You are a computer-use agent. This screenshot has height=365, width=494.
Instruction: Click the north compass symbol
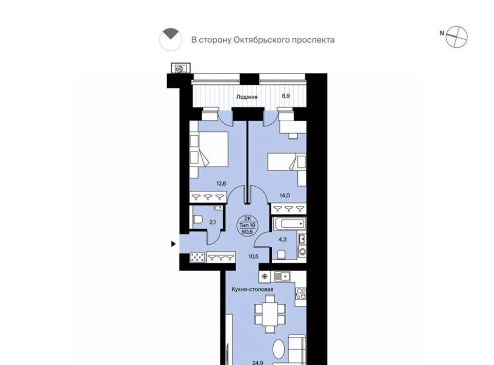456,37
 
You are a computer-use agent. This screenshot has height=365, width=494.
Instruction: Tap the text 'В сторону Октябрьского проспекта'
263,40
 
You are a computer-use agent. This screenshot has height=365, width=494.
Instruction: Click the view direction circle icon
170,40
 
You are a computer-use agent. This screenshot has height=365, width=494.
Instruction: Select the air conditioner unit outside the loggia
181,68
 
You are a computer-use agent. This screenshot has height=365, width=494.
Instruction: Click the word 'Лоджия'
247,97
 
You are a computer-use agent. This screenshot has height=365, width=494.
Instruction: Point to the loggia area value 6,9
286,96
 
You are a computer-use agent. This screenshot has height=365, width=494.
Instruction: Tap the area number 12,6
221,183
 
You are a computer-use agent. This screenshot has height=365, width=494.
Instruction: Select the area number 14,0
285,195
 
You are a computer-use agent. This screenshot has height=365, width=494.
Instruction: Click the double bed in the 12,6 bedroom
209,149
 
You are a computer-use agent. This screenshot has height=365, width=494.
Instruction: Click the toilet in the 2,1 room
198,220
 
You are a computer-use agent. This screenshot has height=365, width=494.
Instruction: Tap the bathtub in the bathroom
289,224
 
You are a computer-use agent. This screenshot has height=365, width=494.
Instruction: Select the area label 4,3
283,240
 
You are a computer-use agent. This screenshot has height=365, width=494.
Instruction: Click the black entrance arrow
173,244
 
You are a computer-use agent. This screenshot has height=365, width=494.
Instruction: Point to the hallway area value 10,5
253,257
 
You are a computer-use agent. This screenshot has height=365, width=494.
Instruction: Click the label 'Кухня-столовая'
252,289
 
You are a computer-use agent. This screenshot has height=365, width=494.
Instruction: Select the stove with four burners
300,294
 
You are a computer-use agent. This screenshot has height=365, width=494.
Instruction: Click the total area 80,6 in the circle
248,232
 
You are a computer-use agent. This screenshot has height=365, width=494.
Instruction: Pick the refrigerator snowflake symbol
264,277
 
